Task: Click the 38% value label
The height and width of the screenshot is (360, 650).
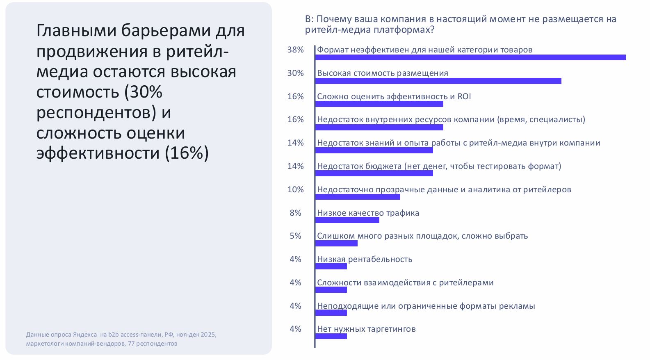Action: click(295, 50)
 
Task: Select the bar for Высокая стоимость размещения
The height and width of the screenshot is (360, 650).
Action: click(438, 81)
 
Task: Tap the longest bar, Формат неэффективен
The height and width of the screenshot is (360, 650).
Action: click(470, 57)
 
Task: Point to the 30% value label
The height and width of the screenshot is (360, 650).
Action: click(295, 73)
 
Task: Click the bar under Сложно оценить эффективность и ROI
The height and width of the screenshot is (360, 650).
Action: click(379, 104)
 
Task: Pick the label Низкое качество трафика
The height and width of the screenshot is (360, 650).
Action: click(368, 213)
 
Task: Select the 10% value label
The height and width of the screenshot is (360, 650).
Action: click(295, 189)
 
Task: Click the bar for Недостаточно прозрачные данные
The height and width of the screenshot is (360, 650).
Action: click(358, 197)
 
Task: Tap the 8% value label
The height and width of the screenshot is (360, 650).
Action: click(295, 213)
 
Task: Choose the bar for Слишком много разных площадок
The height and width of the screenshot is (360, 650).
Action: click(336, 244)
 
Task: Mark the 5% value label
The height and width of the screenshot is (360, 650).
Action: click(295, 236)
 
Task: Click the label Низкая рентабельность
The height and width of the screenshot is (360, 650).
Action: click(365, 259)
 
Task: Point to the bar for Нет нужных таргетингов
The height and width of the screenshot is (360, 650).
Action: click(331, 336)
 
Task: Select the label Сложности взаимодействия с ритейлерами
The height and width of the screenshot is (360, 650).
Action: click(405, 283)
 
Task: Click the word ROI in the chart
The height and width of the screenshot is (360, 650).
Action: click(464, 96)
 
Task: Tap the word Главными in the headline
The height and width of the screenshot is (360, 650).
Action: click(76, 30)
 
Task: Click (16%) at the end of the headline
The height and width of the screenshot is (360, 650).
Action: click(187, 153)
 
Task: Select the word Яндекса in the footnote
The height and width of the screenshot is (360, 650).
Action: click(85, 335)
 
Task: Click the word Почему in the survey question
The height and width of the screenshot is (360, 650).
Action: click(332, 19)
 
